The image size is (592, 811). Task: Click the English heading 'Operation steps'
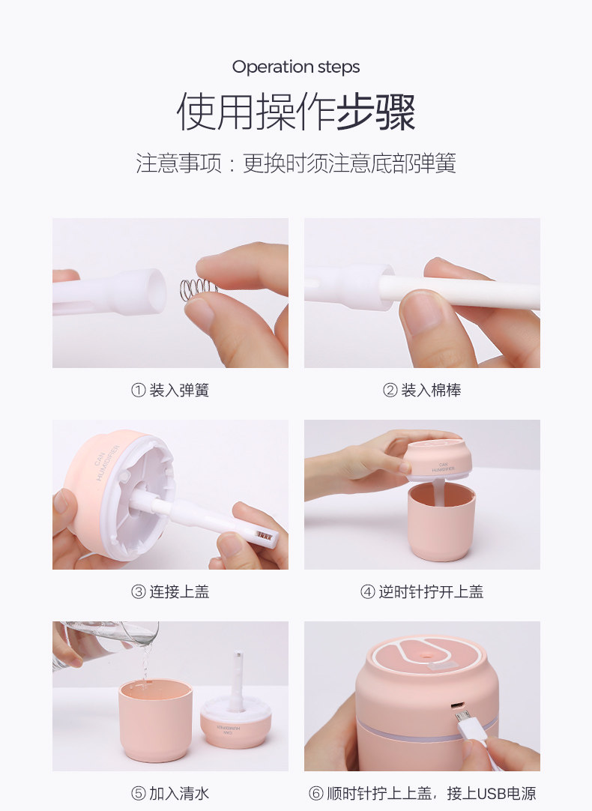296,67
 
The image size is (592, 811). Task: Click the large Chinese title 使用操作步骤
296,111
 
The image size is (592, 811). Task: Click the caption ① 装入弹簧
170,390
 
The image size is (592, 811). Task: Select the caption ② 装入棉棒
422,390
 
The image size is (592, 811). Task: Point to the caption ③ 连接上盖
170,591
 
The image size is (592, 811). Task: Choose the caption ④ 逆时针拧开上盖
422,591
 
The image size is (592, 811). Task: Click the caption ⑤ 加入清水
170,794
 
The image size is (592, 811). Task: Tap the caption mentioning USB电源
422,794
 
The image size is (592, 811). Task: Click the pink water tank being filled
155,719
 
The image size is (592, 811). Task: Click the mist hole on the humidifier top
427,654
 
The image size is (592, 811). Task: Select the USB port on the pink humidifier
458,705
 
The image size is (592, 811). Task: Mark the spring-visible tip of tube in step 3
264,537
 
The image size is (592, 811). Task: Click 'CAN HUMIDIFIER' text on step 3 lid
106,462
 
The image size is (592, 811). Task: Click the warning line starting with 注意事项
296,163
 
